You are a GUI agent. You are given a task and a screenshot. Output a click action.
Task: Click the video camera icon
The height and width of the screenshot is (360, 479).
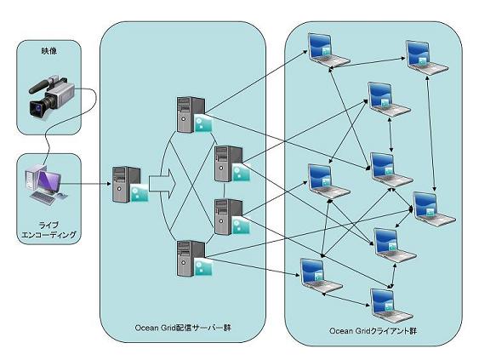pos(51,96)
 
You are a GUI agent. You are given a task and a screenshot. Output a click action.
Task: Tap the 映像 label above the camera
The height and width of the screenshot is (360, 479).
pos(48,51)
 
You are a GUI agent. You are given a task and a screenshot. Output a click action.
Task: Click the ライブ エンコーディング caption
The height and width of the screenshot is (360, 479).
pos(48,230)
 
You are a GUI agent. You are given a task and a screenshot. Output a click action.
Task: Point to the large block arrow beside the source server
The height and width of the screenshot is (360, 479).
pos(163,185)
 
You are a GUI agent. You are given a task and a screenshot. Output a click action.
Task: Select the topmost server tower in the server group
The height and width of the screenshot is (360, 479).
pos(194,115)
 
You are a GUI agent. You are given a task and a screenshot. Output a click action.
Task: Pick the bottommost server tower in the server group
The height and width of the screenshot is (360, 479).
pos(194,259)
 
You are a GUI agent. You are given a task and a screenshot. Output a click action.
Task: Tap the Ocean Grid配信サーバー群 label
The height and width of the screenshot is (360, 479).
pos(183,328)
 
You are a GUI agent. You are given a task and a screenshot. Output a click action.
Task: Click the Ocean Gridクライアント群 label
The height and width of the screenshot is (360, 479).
pos(373,331)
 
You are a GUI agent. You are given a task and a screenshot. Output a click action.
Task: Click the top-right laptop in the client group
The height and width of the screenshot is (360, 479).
pos(426,58)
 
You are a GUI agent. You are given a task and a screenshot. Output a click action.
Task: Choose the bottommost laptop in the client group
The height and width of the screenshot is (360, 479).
pos(391,306)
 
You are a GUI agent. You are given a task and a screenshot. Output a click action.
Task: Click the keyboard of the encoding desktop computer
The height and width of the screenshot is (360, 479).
pos(43,198)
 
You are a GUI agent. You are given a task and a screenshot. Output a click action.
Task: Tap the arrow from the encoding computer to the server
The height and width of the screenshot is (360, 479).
pos(86,184)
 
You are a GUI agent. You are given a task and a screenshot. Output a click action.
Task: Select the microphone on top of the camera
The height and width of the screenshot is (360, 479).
pos(41,86)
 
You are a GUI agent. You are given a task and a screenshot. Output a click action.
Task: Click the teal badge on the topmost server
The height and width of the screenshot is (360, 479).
pos(202,123)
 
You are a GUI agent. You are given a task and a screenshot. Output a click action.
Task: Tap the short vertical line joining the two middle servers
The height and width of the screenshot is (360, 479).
pos(224,191)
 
